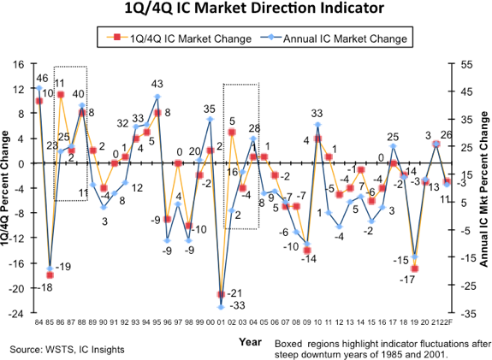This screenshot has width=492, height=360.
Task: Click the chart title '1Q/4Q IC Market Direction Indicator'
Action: point(246,9)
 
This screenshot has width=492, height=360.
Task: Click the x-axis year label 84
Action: point(39,323)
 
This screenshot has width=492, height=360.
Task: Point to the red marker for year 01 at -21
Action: point(222,294)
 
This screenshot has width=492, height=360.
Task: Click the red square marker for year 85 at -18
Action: point(50,275)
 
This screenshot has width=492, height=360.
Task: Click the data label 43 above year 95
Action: point(157,84)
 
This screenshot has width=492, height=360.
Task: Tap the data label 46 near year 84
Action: point(42,79)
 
